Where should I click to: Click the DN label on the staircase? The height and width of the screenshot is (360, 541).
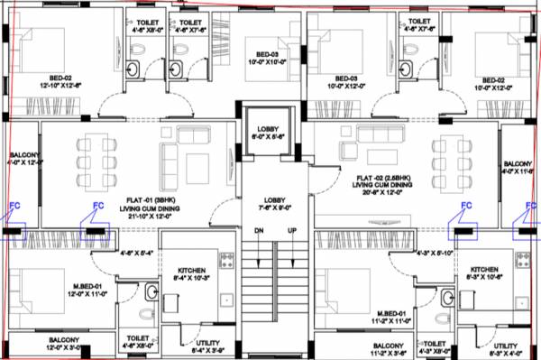259,232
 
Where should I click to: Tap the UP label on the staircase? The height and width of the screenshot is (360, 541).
292,232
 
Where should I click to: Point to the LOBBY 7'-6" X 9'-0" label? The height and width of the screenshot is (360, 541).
275,203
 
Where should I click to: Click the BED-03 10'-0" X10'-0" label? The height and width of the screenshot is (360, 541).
265,58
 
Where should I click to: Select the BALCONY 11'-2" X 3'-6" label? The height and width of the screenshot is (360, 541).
388,349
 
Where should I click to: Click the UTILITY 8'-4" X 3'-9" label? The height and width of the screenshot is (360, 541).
202,347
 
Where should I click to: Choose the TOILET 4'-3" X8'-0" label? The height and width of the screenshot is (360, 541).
436,347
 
